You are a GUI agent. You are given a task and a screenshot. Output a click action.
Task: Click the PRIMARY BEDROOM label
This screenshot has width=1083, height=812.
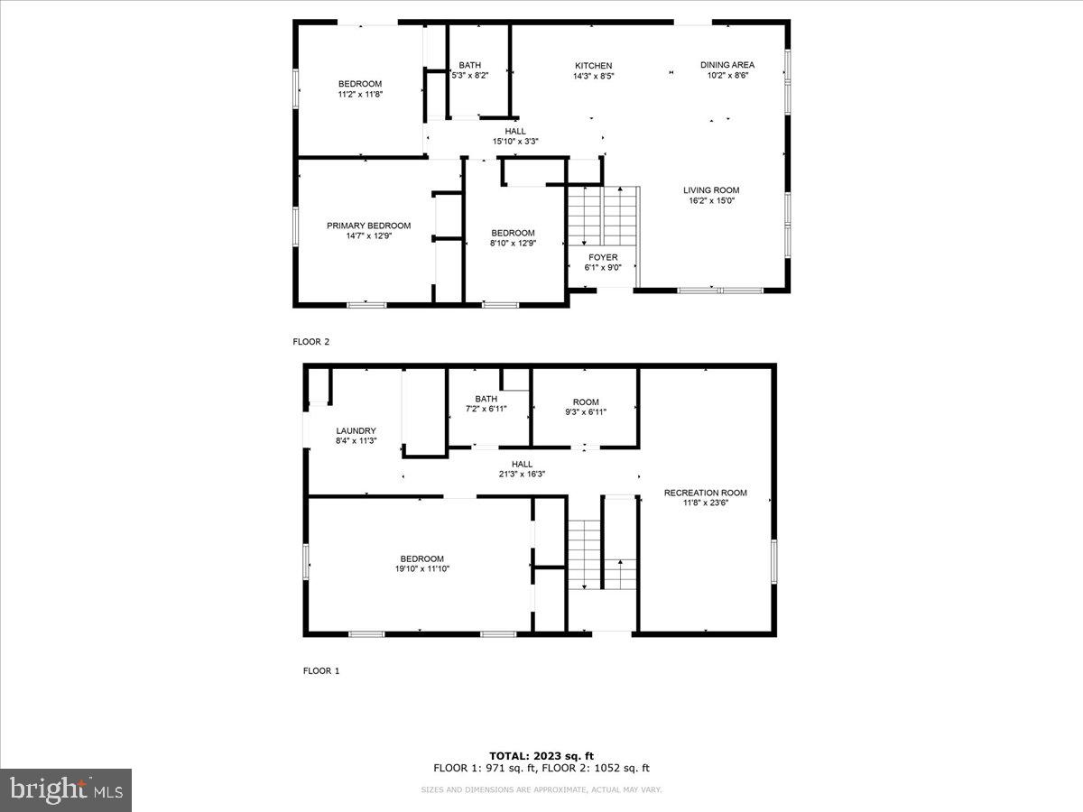tap(368, 226)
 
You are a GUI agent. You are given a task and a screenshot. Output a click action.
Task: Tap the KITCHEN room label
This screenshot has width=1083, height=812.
tap(594, 65)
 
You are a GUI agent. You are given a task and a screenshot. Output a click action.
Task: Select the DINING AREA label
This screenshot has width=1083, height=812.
tap(727, 65)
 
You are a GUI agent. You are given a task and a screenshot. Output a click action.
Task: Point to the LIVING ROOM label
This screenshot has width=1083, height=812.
tap(711, 190)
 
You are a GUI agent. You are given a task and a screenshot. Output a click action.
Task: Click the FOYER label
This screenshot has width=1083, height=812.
tap(603, 257)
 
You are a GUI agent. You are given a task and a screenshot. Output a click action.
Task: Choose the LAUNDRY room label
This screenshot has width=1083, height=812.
tap(356, 430)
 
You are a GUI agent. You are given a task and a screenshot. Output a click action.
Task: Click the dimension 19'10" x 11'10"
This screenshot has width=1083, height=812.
tap(422, 568)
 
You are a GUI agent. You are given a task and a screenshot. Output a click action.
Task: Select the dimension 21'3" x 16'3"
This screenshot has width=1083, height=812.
tap(522, 474)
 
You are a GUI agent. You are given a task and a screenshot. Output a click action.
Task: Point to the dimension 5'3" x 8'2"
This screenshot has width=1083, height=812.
tap(469, 76)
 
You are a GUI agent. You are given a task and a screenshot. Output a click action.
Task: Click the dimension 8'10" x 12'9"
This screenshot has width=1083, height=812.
tap(513, 243)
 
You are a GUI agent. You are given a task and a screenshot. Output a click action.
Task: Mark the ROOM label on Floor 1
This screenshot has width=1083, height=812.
tap(586, 402)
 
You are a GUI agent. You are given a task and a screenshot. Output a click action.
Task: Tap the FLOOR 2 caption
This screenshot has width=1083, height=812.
tap(311, 342)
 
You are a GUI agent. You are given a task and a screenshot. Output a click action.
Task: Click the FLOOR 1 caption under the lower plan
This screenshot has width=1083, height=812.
tap(321, 671)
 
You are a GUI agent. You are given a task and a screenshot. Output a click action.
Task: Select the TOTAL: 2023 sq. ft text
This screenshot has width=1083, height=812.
tap(541, 756)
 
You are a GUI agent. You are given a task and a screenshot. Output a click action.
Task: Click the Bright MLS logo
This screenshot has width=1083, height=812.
tap(66, 789)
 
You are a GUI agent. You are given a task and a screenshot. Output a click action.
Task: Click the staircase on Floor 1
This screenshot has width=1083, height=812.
tap(601, 555)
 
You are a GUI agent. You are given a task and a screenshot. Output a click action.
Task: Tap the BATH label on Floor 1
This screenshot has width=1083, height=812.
tap(486, 399)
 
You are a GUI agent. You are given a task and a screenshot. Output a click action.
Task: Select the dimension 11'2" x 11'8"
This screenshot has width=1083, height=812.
tap(360, 94)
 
